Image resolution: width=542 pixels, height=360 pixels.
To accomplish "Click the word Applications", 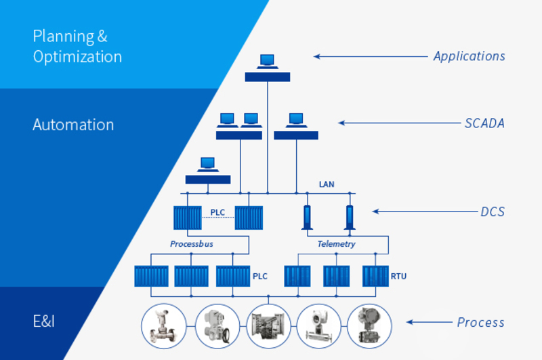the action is point(469,56).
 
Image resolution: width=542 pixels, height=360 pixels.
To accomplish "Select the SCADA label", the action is point(484,123).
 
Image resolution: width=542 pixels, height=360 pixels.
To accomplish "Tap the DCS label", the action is point(493,212).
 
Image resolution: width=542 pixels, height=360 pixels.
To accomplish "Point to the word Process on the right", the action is point(480,322).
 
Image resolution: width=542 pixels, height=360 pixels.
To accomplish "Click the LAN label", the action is point(327,184).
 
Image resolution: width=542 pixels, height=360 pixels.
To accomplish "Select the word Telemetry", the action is point(336,244).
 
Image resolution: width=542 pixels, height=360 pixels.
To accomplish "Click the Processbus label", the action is point(192,244).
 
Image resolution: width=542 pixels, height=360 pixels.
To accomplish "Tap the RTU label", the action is point(398,277).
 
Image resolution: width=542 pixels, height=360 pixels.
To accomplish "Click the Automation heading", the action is point(73,125).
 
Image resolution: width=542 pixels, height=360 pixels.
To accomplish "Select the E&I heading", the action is point(43,321).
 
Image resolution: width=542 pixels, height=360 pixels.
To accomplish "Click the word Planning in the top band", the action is point(64,37).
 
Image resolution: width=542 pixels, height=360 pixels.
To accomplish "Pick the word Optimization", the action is point(77,57).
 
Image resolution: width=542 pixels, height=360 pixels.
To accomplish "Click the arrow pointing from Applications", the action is point(371,56).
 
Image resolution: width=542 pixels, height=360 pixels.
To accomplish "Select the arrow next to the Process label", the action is point(430,322).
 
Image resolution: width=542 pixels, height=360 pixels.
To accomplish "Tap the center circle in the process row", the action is point(268,326).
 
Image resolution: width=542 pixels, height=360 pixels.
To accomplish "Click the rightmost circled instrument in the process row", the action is point(369,326).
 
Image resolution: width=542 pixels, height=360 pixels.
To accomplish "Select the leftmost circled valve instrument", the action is point(164,326).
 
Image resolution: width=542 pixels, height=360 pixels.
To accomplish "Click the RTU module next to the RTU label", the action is point(375,276).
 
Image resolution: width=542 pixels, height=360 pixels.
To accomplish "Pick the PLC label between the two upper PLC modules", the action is point(217,212).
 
